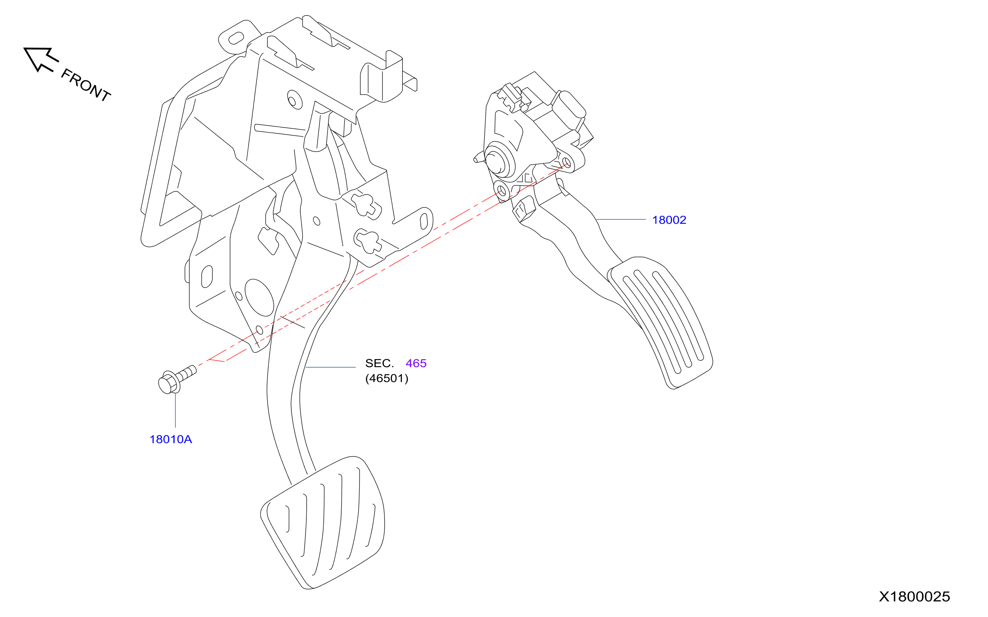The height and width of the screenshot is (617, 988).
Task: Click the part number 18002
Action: [669, 220]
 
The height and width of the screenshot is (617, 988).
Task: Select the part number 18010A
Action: [170, 439]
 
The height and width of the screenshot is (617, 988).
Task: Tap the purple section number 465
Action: [416, 363]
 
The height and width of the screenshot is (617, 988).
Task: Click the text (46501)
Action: [387, 378]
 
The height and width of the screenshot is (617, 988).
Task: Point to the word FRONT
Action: [86, 85]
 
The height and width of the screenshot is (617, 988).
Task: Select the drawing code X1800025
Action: [914, 597]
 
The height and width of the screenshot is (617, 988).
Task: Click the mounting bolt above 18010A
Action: [177, 379]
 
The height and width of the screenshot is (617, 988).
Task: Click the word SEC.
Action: [379, 363]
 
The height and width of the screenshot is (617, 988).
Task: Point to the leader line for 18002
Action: [621, 219]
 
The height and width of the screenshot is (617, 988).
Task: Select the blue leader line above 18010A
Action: [175, 410]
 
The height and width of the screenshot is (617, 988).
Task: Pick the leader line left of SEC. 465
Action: [330, 367]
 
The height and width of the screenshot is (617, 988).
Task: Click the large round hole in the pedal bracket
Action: [259, 297]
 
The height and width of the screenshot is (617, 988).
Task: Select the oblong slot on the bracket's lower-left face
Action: [207, 276]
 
